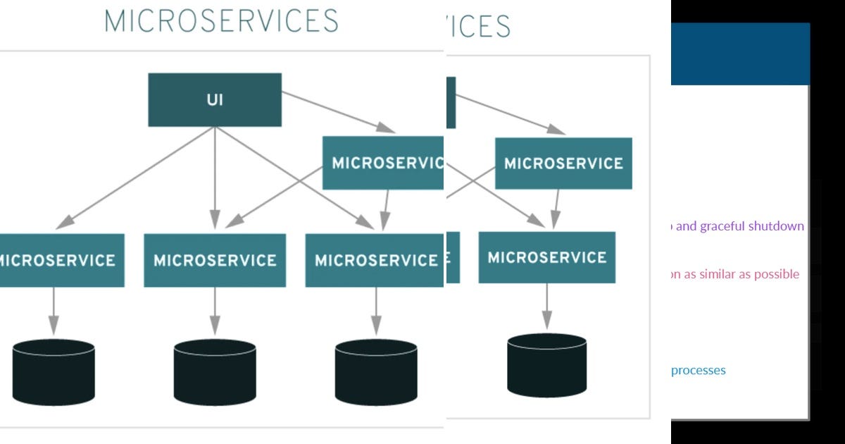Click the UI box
tap(215, 99)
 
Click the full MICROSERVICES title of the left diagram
tap(221, 21)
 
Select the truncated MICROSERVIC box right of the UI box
tap(383, 163)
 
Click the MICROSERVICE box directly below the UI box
tap(215, 260)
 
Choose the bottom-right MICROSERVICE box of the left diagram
tap(375, 260)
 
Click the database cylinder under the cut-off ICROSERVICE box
tap(54, 372)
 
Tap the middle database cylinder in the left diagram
tap(215, 372)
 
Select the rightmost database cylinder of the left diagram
tap(376, 372)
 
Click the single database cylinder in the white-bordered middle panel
tap(546, 365)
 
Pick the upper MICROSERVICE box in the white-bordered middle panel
tap(563, 164)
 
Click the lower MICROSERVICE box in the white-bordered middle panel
tap(546, 257)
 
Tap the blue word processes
tap(698, 370)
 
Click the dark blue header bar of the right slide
tap(739, 54)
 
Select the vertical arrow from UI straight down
tap(215, 176)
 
